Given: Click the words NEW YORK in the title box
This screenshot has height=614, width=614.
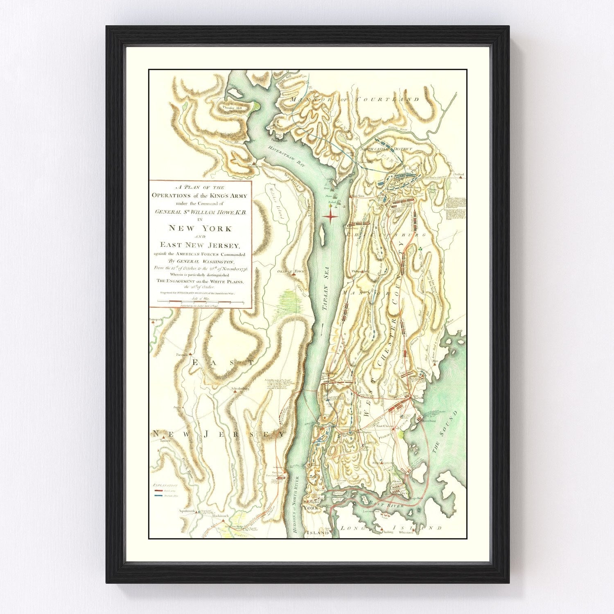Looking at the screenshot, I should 201,228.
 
